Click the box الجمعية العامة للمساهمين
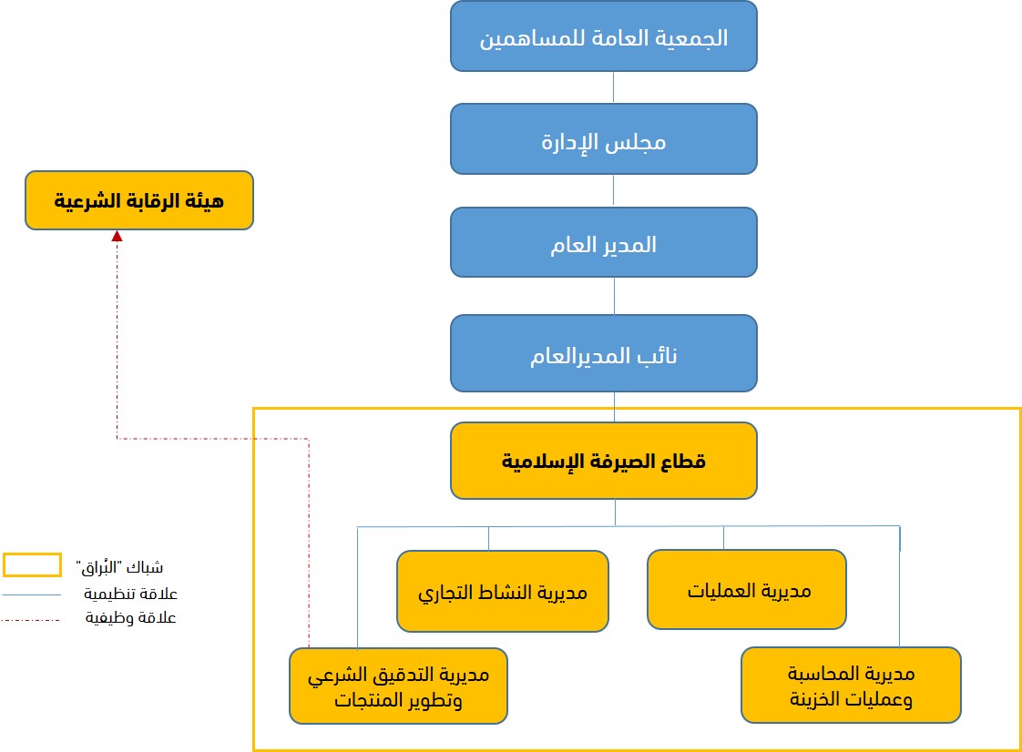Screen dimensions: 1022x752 coord(604,36)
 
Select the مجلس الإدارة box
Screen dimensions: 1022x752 coord(604,138)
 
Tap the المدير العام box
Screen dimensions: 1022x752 coord(604,242)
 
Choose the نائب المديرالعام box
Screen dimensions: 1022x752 coord(604,353)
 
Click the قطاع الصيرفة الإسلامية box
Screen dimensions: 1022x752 coord(604,461)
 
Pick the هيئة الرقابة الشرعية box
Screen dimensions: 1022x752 coord(138,200)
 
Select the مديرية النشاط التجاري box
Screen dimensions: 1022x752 coord(503,591)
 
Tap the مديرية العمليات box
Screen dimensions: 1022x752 coord(747,590)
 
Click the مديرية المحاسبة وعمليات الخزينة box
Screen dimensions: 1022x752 coord(852,685)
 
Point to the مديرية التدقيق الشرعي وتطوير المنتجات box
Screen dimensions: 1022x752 coord(398,686)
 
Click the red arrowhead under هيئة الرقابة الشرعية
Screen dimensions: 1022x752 coord(118,236)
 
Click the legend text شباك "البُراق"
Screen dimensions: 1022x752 coord(119,566)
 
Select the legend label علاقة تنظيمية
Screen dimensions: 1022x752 coord(130,594)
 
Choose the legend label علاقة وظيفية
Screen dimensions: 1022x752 coord(130,618)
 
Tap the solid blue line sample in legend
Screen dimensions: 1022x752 coord(31,594)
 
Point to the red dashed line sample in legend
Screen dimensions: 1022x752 coord(31,620)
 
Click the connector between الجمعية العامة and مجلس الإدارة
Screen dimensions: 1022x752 coord(613,87)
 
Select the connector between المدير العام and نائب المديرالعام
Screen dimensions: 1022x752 coord(614,296)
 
